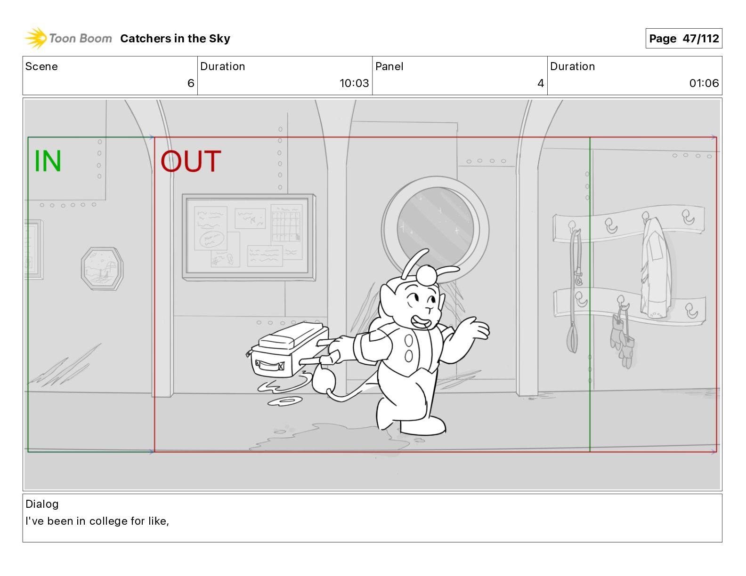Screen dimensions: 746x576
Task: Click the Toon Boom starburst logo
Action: point(35,38)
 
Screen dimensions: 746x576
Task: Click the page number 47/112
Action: point(700,39)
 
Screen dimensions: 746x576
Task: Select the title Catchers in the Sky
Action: point(175,39)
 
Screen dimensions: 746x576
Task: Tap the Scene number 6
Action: point(191,83)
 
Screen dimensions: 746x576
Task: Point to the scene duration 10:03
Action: point(354,83)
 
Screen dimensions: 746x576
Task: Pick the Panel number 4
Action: point(541,83)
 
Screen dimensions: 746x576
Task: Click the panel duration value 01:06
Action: point(704,83)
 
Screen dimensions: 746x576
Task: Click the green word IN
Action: point(48,161)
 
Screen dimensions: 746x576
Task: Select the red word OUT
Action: point(191,161)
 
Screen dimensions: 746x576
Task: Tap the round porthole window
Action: point(435,229)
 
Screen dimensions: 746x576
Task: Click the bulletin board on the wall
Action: point(249,237)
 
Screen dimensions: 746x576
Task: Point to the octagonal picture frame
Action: point(102,269)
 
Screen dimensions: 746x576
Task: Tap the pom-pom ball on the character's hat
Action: point(426,275)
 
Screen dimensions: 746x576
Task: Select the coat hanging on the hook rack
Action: point(656,268)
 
